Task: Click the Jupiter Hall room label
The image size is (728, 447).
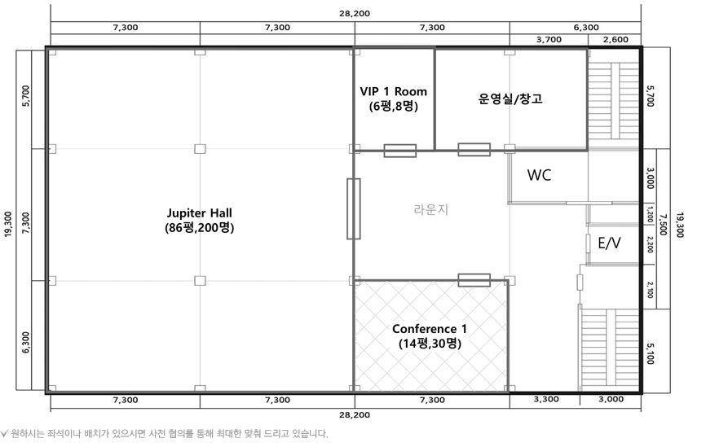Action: (x=199, y=220)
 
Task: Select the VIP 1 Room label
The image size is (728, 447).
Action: (x=393, y=99)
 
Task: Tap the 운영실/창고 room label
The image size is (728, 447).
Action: (x=510, y=99)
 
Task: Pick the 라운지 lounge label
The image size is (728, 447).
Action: (x=431, y=209)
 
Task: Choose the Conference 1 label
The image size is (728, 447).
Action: (x=430, y=336)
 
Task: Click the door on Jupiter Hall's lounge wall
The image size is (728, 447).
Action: (x=353, y=208)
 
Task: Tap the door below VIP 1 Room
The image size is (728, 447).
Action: (x=399, y=151)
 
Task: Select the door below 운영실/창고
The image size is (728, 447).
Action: (x=474, y=150)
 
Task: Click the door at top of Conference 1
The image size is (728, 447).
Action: (x=474, y=280)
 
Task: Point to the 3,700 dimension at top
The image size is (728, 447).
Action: (x=549, y=40)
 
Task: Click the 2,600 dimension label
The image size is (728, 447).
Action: (x=615, y=40)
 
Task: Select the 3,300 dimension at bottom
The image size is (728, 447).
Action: (x=546, y=400)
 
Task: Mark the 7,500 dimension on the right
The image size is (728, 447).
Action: (x=664, y=226)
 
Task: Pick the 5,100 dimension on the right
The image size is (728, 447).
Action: (x=650, y=353)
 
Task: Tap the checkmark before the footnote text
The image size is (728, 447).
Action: (x=5, y=433)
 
